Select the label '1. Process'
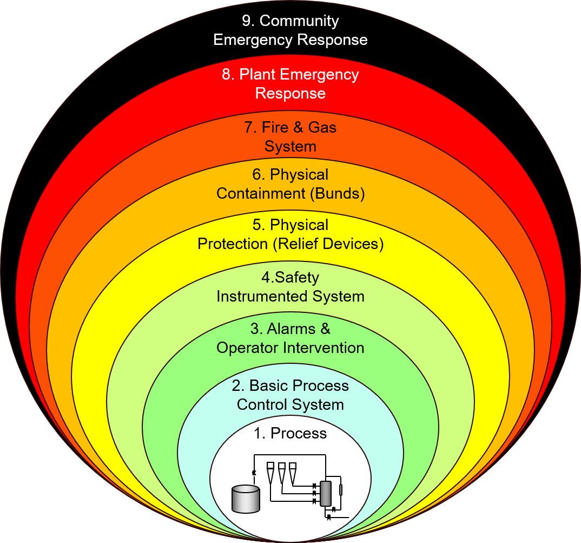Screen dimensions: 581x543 tap(290, 434)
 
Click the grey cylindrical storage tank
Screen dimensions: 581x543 tap(245, 499)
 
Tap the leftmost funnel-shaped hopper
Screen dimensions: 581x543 tap(270, 473)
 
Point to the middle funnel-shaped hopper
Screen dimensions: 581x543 tap(282, 473)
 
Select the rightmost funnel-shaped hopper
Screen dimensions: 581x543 tap(293, 473)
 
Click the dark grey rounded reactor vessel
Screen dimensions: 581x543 tap(326, 493)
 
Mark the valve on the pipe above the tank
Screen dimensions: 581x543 tap(254, 473)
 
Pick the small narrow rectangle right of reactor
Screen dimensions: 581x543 tap(340, 490)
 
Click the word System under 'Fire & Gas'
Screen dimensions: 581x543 tap(290, 146)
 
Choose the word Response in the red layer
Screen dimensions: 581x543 tap(290, 93)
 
